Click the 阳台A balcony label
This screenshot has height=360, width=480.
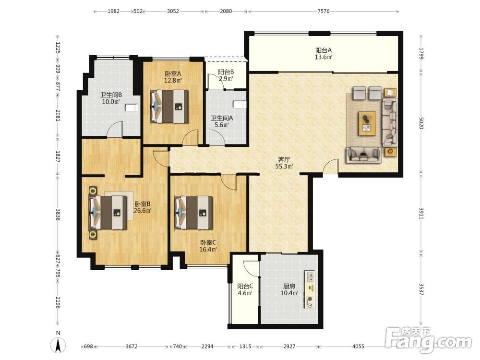coord(324,50)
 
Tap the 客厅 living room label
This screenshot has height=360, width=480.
coord(284,160)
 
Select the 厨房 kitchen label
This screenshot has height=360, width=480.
coord(289,286)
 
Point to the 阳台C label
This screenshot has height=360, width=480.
coord(245,286)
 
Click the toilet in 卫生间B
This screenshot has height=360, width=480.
coord(132,108)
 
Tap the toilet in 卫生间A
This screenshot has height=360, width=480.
coord(240,104)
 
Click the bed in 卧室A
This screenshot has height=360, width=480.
coord(169,106)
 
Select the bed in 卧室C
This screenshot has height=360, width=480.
coord(193,213)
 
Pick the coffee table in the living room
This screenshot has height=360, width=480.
coord(367,123)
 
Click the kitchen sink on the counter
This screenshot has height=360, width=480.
coord(310,276)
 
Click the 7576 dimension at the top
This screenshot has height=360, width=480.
coord(323,12)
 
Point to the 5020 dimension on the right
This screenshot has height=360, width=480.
coord(421,123)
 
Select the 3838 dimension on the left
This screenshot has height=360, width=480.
coord(58,215)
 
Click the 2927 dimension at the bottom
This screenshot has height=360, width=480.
coord(289,346)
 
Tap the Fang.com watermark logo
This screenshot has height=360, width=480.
coord(429,339)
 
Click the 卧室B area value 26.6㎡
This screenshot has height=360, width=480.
coord(143,211)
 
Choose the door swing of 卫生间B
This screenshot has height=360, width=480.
coord(116,129)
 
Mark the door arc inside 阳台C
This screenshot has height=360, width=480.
coord(251,269)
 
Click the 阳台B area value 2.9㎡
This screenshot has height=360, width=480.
coord(226,79)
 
